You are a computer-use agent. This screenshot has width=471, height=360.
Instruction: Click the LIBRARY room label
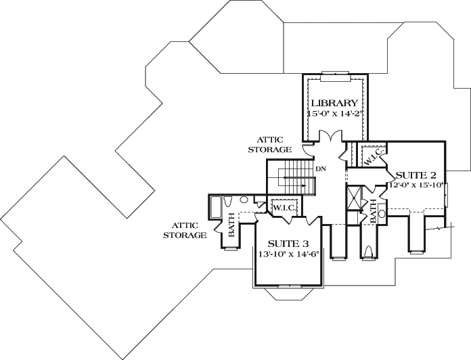pos(334,103)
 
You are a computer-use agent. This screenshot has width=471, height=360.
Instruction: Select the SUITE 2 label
pos(415,173)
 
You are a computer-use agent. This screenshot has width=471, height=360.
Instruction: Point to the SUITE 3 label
pos(288,244)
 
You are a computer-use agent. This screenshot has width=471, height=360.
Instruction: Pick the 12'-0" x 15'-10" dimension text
pos(415,183)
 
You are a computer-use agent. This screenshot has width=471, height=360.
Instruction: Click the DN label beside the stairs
pos(321,168)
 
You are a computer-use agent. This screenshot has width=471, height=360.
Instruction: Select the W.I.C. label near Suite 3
pos(284,207)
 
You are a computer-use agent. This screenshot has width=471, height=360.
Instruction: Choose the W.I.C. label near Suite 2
pos(374,158)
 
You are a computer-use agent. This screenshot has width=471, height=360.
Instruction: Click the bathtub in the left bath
pos(216,206)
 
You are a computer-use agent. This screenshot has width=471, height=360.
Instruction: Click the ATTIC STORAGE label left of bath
pos(189,231)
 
